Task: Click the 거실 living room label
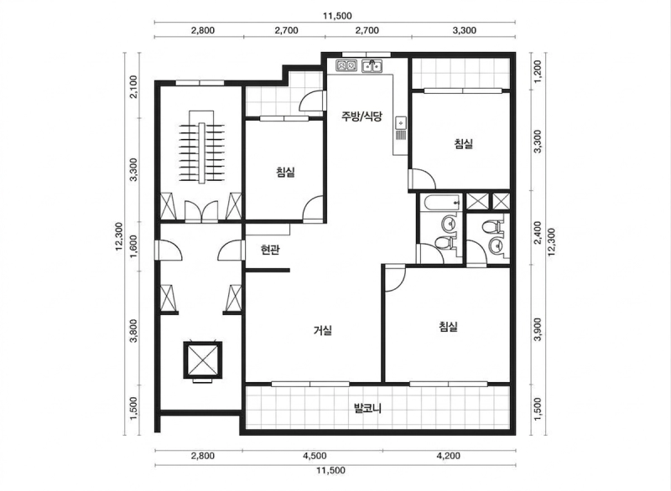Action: (323, 330)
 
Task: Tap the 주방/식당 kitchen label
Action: (362, 116)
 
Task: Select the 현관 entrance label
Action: (270, 250)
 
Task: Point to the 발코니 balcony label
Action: (367, 408)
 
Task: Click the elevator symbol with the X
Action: (202, 359)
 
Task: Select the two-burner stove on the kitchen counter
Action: (346, 66)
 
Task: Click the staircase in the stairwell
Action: (201, 147)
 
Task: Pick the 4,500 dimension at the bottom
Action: (315, 456)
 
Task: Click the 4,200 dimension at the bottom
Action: (449, 456)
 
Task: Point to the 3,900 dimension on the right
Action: (538, 329)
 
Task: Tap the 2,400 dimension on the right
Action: (538, 232)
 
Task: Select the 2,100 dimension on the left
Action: (133, 87)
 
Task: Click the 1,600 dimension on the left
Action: (133, 246)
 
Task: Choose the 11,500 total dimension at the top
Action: (337, 16)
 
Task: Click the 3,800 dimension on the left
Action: (133, 331)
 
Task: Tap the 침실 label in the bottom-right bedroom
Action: (449, 327)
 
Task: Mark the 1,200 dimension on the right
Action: (538, 71)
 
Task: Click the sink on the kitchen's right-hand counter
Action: (401, 122)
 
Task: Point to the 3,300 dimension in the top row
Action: (465, 30)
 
